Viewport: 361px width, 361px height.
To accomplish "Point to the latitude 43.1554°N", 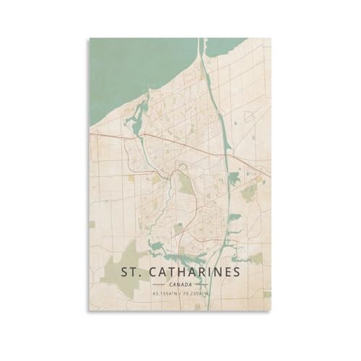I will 163,294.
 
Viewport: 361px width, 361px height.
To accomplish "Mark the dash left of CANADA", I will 160,286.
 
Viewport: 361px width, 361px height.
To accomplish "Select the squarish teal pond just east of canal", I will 234,217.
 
